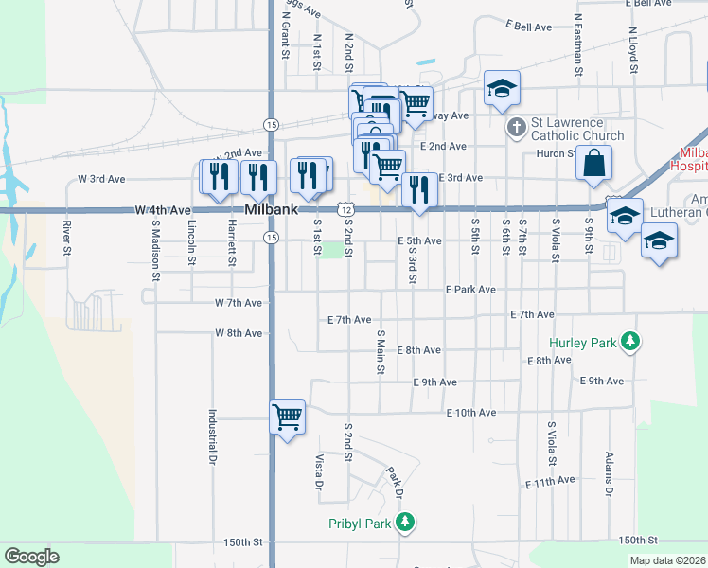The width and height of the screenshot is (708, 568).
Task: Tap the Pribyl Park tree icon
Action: click(405, 522)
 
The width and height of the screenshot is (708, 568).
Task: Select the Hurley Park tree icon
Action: click(628, 341)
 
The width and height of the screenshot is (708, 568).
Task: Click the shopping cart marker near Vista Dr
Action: click(287, 417)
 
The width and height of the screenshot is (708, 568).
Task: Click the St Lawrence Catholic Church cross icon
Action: click(516, 127)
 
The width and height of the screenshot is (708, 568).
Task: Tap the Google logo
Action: click(31, 557)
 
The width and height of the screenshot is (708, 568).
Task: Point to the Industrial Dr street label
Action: click(213, 436)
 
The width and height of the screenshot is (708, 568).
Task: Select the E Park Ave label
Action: click(470, 289)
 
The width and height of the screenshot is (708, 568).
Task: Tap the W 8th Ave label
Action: click(238, 333)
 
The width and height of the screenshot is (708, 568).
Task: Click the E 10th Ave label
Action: click(471, 413)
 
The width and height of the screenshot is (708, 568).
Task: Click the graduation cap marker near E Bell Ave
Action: click(502, 90)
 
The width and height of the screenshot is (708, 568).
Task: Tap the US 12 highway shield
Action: click(346, 209)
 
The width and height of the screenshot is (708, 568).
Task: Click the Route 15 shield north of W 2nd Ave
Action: click(272, 125)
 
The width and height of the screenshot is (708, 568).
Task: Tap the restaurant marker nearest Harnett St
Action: click(257, 177)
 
